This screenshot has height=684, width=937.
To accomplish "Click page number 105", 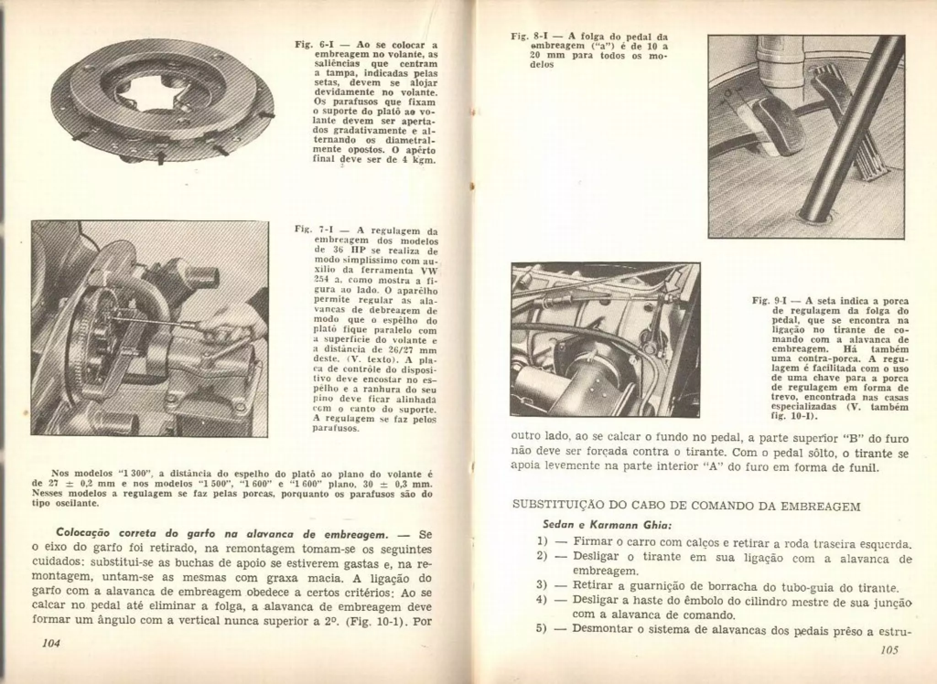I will coord(889,650).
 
